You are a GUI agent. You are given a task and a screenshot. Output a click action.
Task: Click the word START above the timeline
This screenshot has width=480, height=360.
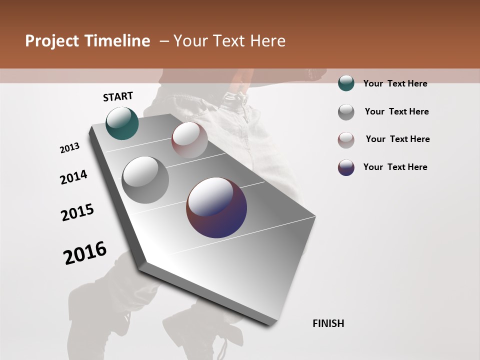coord(118,96)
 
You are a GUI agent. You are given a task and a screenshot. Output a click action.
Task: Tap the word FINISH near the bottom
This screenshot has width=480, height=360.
coord(328,323)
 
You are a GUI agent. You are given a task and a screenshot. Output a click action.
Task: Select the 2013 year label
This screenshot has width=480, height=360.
coord(70,148)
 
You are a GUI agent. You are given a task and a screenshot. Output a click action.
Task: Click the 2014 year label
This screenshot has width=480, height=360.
coord(74,177)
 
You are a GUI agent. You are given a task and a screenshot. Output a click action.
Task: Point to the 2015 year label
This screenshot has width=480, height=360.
coord(77,212)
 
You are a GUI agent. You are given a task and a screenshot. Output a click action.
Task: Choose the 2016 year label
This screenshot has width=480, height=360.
coord(85,253)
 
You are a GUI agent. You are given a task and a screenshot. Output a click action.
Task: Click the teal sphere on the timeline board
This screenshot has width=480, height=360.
coord(122,123)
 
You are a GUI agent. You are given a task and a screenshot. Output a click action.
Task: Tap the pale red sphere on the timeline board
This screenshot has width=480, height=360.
coord(189,140)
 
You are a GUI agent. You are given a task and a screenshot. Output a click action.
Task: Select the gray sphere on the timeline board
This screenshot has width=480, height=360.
coord(145,180)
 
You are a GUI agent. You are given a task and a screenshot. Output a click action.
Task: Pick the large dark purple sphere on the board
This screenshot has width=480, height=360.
coord(216,207)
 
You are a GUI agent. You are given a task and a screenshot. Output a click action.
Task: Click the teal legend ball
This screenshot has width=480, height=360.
coord(346,83)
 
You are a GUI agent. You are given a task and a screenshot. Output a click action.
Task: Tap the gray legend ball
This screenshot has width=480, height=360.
coord(346,111)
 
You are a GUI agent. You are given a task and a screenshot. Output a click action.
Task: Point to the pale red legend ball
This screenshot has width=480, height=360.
coord(346,139)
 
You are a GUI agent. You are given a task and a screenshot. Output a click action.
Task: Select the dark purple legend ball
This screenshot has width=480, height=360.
coord(346,167)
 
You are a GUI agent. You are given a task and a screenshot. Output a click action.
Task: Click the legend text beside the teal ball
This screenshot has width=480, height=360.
coord(395,83)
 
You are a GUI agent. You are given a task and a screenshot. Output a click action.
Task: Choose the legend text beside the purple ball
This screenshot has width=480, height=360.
coord(395,167)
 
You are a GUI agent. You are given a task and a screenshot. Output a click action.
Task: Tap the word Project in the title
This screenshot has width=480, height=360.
coord(51,41)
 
